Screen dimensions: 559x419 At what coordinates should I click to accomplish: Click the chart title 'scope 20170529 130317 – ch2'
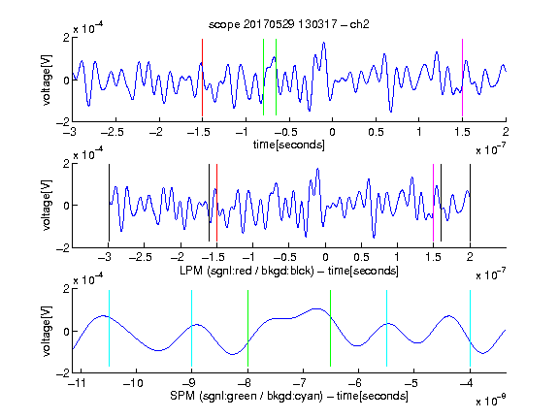pyautogui.click(x=289, y=24)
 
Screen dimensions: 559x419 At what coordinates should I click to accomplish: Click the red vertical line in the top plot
pyautogui.click(x=202, y=78)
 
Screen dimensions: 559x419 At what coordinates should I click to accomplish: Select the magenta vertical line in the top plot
pyautogui.click(x=462, y=78)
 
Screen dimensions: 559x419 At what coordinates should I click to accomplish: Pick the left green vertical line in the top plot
pyautogui.click(x=263, y=77)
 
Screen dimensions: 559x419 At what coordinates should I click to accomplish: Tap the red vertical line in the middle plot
pyautogui.click(x=216, y=203)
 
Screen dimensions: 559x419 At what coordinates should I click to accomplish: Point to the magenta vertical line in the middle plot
pyautogui.click(x=433, y=203)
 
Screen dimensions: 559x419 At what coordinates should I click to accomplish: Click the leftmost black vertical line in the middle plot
pyautogui.click(x=109, y=203)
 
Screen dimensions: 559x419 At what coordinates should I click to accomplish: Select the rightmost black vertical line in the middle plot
pyautogui.click(x=470, y=203)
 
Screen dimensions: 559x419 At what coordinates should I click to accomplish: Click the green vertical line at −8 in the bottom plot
pyautogui.click(x=247, y=328)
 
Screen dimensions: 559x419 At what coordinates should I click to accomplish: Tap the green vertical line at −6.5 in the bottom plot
pyautogui.click(x=331, y=328)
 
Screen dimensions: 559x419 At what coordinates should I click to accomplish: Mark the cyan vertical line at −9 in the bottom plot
pyautogui.click(x=192, y=328)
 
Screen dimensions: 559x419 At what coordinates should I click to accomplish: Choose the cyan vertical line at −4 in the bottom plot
pyautogui.click(x=470, y=328)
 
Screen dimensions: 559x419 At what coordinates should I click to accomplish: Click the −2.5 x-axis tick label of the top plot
pyautogui.click(x=112, y=132)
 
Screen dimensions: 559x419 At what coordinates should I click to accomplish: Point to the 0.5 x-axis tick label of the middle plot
pyautogui.click(x=361, y=257)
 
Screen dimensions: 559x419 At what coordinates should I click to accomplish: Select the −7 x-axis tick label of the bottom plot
pyautogui.click(x=300, y=383)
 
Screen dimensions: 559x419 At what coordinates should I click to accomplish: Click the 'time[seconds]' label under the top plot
pyautogui.click(x=289, y=145)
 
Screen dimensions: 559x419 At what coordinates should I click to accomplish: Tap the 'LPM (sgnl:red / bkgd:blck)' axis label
pyautogui.click(x=247, y=271)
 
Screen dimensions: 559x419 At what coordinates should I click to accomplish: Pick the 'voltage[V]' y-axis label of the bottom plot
pyautogui.click(x=47, y=331)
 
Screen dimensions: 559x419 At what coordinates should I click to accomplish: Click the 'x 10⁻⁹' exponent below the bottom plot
pyautogui.click(x=491, y=401)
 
